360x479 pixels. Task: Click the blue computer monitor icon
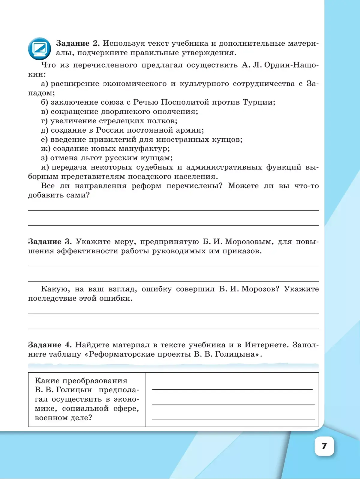[x=39, y=49]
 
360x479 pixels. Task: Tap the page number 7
[x=324, y=446]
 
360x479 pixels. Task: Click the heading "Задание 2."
[x=78, y=44]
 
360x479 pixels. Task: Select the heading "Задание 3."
[x=50, y=242]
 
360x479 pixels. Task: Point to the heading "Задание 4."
[x=49, y=345]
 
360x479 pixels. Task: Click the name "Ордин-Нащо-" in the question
[x=291, y=65]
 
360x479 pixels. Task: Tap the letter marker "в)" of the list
[x=44, y=112]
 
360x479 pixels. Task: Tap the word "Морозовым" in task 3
[x=249, y=242]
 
